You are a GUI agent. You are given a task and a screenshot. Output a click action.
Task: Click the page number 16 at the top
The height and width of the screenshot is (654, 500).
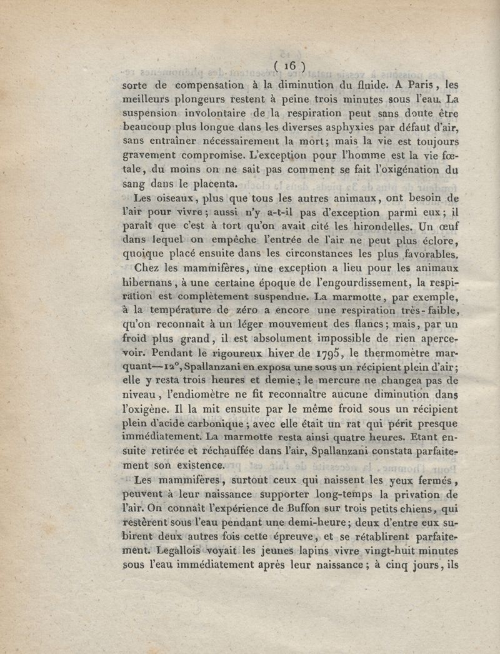pyautogui.click(x=289, y=65)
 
